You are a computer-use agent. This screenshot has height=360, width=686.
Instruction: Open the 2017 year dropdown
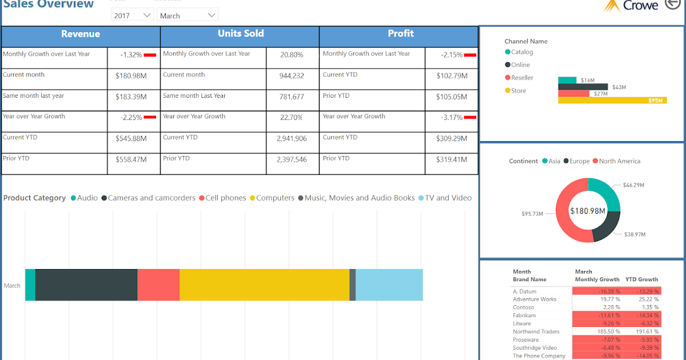(x=131, y=15)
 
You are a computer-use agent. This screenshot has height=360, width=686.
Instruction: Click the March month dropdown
(x=188, y=15)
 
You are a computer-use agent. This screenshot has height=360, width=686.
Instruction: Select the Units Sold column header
(x=240, y=34)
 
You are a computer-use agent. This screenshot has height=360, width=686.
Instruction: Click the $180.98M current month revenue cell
(x=131, y=75)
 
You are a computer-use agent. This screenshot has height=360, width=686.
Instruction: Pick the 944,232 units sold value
(x=291, y=75)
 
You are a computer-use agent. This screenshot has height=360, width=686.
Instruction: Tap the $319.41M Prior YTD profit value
(x=452, y=159)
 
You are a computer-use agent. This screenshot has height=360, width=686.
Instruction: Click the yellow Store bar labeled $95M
(x=612, y=100)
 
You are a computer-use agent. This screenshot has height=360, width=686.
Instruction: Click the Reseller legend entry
(x=521, y=78)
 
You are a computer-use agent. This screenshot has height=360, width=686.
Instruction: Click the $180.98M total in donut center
(x=588, y=211)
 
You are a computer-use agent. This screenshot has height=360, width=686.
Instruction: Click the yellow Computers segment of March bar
(x=264, y=285)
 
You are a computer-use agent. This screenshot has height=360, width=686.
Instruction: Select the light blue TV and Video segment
(x=389, y=285)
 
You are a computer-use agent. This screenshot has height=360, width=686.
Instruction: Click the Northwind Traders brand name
(x=536, y=331)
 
